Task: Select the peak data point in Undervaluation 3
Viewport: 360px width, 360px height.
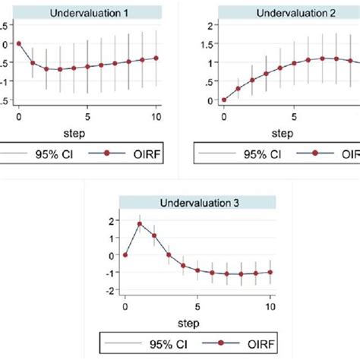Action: coord(140,224)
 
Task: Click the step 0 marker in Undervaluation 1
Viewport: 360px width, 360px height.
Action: coord(19,43)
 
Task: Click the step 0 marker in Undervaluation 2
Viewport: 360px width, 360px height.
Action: coord(223,99)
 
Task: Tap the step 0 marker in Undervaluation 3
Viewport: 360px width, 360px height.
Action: coord(125,255)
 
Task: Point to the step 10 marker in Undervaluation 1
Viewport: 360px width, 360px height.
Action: coord(156,58)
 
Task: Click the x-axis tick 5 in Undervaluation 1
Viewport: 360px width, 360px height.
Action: coord(87,117)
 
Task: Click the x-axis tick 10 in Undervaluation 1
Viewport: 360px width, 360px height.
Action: coord(156,117)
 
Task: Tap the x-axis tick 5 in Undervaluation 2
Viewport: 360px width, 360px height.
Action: coord(292,117)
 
